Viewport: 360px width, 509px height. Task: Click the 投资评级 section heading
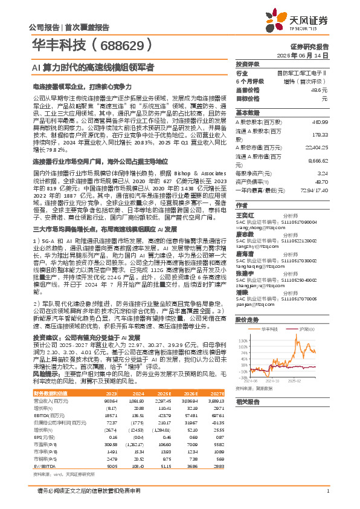point(248,63)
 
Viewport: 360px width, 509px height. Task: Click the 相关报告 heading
point(248,401)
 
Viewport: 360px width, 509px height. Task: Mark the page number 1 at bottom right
point(327,490)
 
